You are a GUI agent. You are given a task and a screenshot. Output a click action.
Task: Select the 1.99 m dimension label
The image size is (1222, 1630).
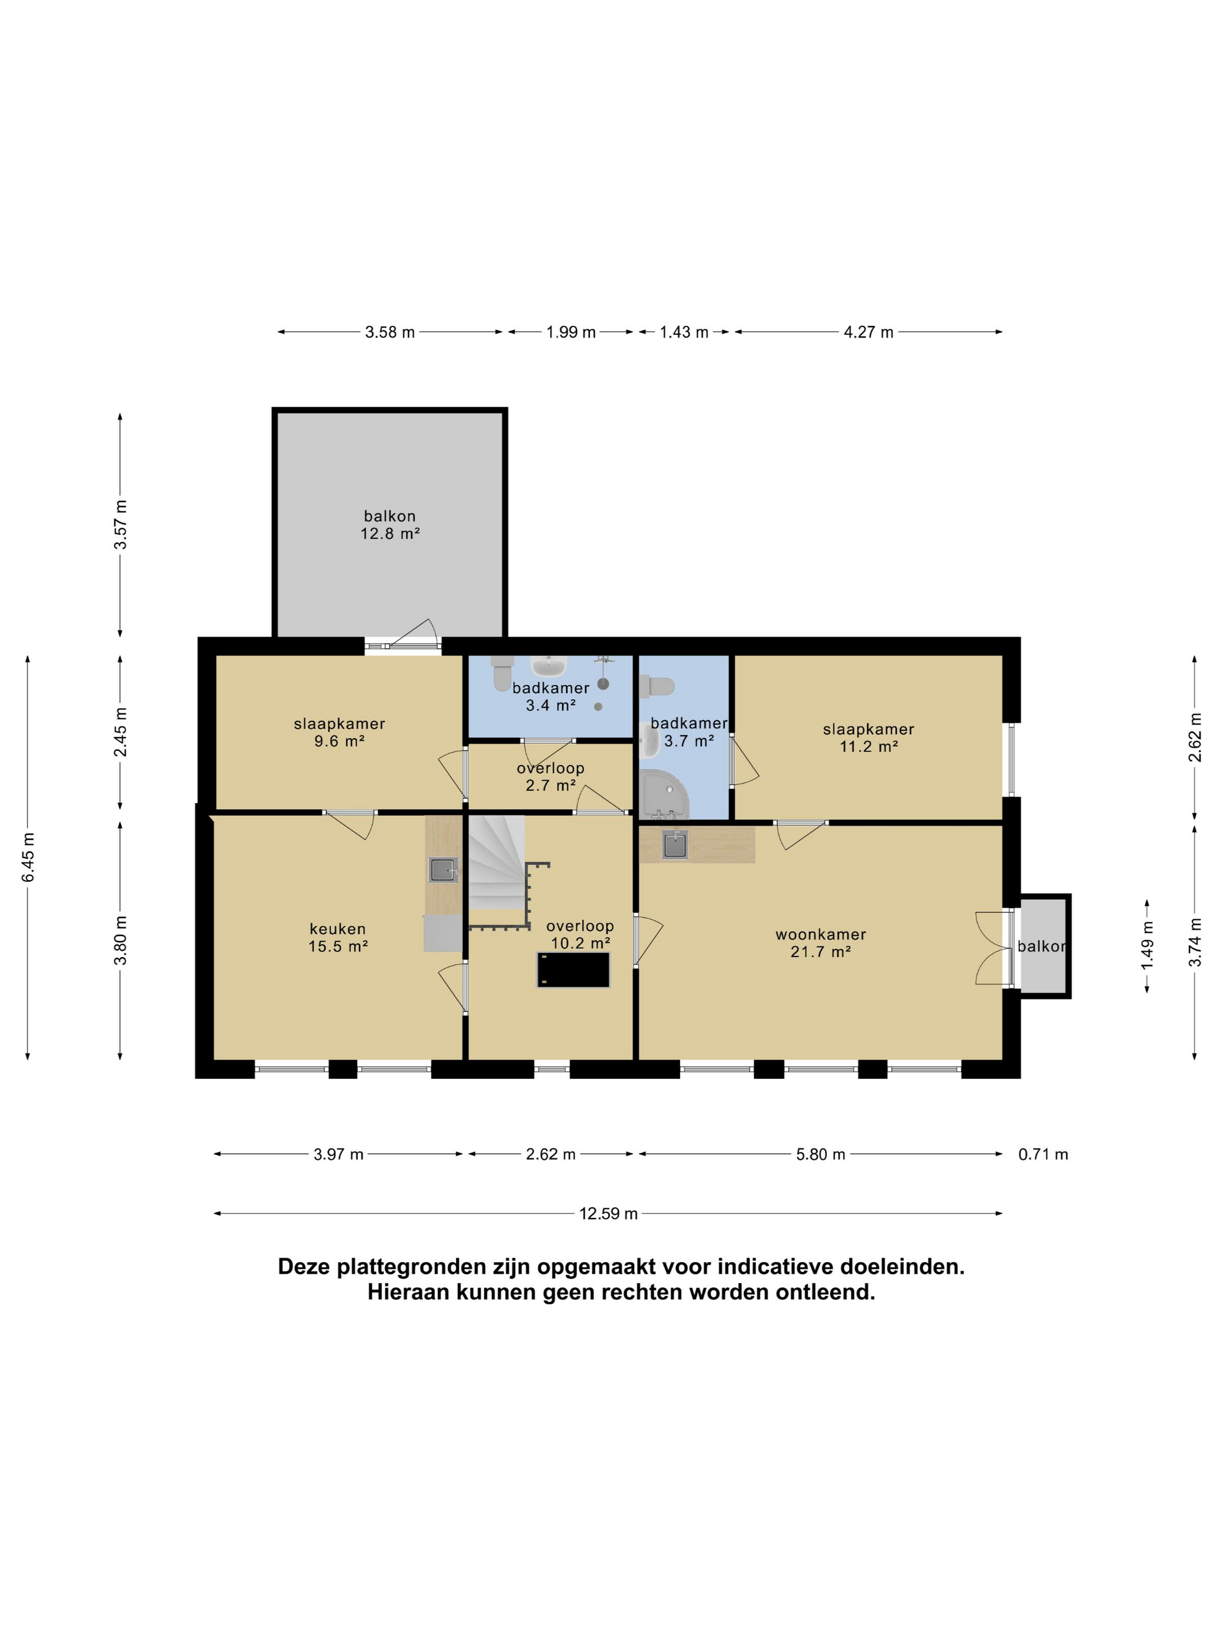[571, 332]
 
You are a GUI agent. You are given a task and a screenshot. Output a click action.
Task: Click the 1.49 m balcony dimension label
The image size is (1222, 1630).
[1147, 946]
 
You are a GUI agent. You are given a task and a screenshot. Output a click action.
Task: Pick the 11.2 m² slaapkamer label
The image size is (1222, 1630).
[868, 738]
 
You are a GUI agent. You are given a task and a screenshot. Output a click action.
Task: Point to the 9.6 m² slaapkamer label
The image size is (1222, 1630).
[340, 732]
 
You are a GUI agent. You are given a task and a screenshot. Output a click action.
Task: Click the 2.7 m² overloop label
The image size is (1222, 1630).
[550, 777]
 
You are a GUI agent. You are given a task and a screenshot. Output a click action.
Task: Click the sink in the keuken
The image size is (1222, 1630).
[443, 870]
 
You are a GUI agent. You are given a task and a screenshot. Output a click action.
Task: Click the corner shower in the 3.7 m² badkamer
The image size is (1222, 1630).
[665, 795]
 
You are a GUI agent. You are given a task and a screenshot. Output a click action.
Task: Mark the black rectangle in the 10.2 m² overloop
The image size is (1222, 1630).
[573, 970]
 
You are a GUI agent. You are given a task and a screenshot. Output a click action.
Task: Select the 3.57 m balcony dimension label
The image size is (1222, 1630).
[120, 524]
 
